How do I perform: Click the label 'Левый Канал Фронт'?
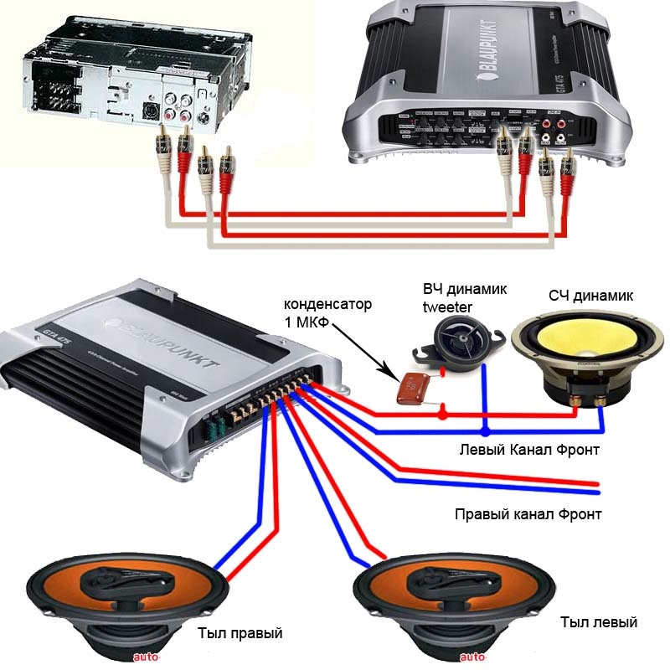[x=529, y=451]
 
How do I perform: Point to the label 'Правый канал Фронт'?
[x=528, y=513]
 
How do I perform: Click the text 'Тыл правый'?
[x=240, y=632]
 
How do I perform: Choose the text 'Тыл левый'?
[x=598, y=622]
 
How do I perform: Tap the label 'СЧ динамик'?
[x=591, y=296]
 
